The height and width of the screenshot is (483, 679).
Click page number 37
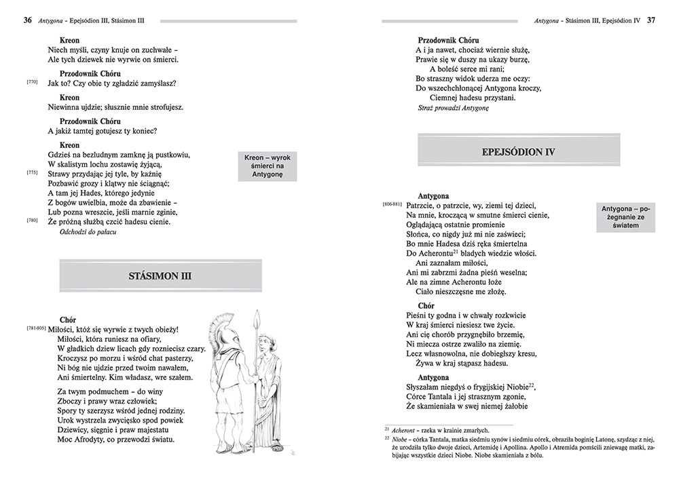[x=650, y=20]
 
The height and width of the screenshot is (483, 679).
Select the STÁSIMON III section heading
[x=160, y=276]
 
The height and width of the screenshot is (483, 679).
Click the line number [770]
[x=32, y=82]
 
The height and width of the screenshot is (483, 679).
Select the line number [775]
[x=32, y=172]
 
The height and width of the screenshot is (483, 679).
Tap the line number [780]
[x=32, y=220]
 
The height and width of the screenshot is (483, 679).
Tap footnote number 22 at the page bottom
[x=386, y=440]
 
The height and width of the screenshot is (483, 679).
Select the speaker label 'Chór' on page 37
[x=426, y=306]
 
